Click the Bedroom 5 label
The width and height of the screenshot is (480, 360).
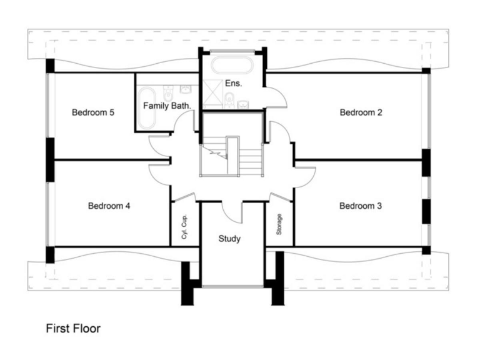point(92,113)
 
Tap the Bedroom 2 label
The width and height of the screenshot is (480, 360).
point(361,112)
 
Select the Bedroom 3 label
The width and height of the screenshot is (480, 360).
point(361,206)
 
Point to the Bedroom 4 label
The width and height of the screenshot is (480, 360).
point(109,206)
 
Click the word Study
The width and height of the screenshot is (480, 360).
point(229,239)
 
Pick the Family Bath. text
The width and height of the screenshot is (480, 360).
point(167,106)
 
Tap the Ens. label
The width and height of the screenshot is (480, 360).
point(233,82)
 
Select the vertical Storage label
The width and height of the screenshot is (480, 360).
point(279,225)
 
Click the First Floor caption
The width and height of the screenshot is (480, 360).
point(73,328)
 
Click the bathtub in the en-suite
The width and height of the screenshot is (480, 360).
point(232,64)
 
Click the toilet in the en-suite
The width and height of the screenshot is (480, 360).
point(229,97)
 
